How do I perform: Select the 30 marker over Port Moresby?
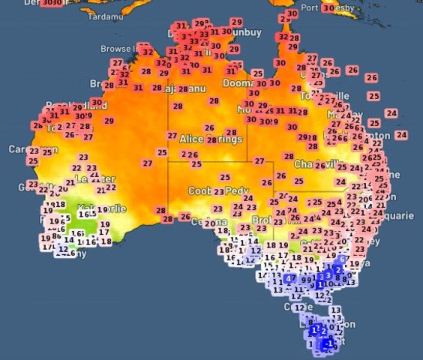(328, 8)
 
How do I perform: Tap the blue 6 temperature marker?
(342, 259)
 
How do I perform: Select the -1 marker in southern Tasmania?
(327, 344)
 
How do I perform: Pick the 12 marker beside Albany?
(63, 249)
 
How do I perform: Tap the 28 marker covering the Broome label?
(109, 85)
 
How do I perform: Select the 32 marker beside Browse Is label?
(148, 52)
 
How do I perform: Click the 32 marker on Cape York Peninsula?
(283, 37)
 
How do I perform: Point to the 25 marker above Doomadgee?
(258, 73)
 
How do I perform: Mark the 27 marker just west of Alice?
(172, 136)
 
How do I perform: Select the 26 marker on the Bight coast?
(185, 217)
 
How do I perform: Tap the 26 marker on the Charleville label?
(320, 165)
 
